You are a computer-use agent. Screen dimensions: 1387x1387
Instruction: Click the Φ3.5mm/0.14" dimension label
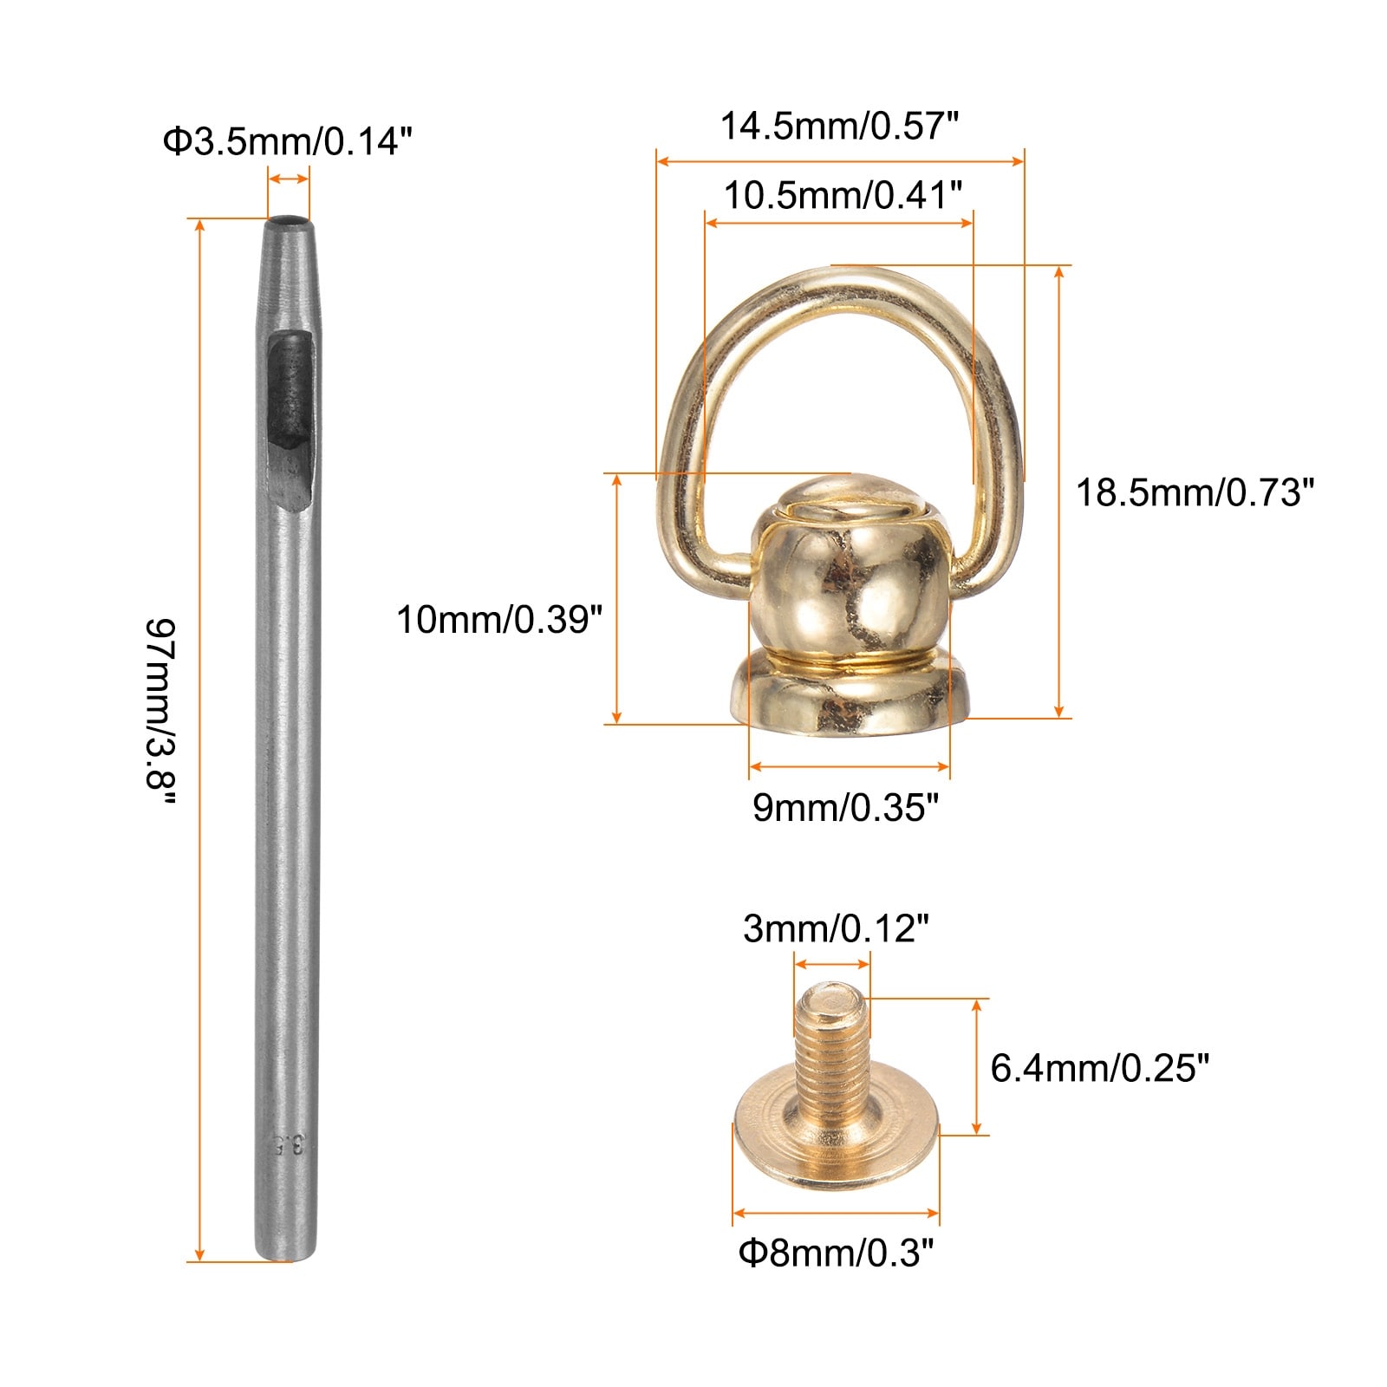(287, 141)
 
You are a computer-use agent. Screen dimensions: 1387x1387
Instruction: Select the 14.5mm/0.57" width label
(839, 127)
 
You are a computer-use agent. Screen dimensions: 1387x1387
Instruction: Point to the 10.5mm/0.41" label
(843, 196)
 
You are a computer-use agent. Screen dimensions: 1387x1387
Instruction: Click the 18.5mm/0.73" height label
(1195, 492)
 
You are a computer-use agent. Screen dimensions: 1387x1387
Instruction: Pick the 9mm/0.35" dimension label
(845, 808)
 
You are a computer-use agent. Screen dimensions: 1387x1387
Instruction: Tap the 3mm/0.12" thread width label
(836, 929)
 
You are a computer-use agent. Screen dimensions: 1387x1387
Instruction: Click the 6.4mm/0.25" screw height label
(1099, 1068)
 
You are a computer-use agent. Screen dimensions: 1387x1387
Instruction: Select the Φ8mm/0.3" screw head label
(837, 1254)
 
